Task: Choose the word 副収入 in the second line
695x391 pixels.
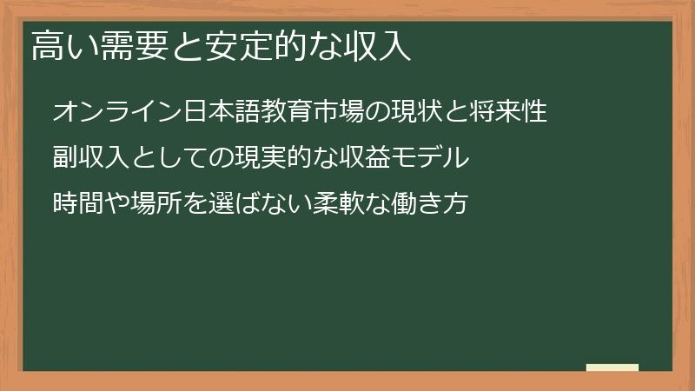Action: pos(90,158)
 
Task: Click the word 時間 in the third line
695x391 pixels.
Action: pos(79,204)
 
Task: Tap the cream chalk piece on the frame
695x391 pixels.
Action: pos(612,368)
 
